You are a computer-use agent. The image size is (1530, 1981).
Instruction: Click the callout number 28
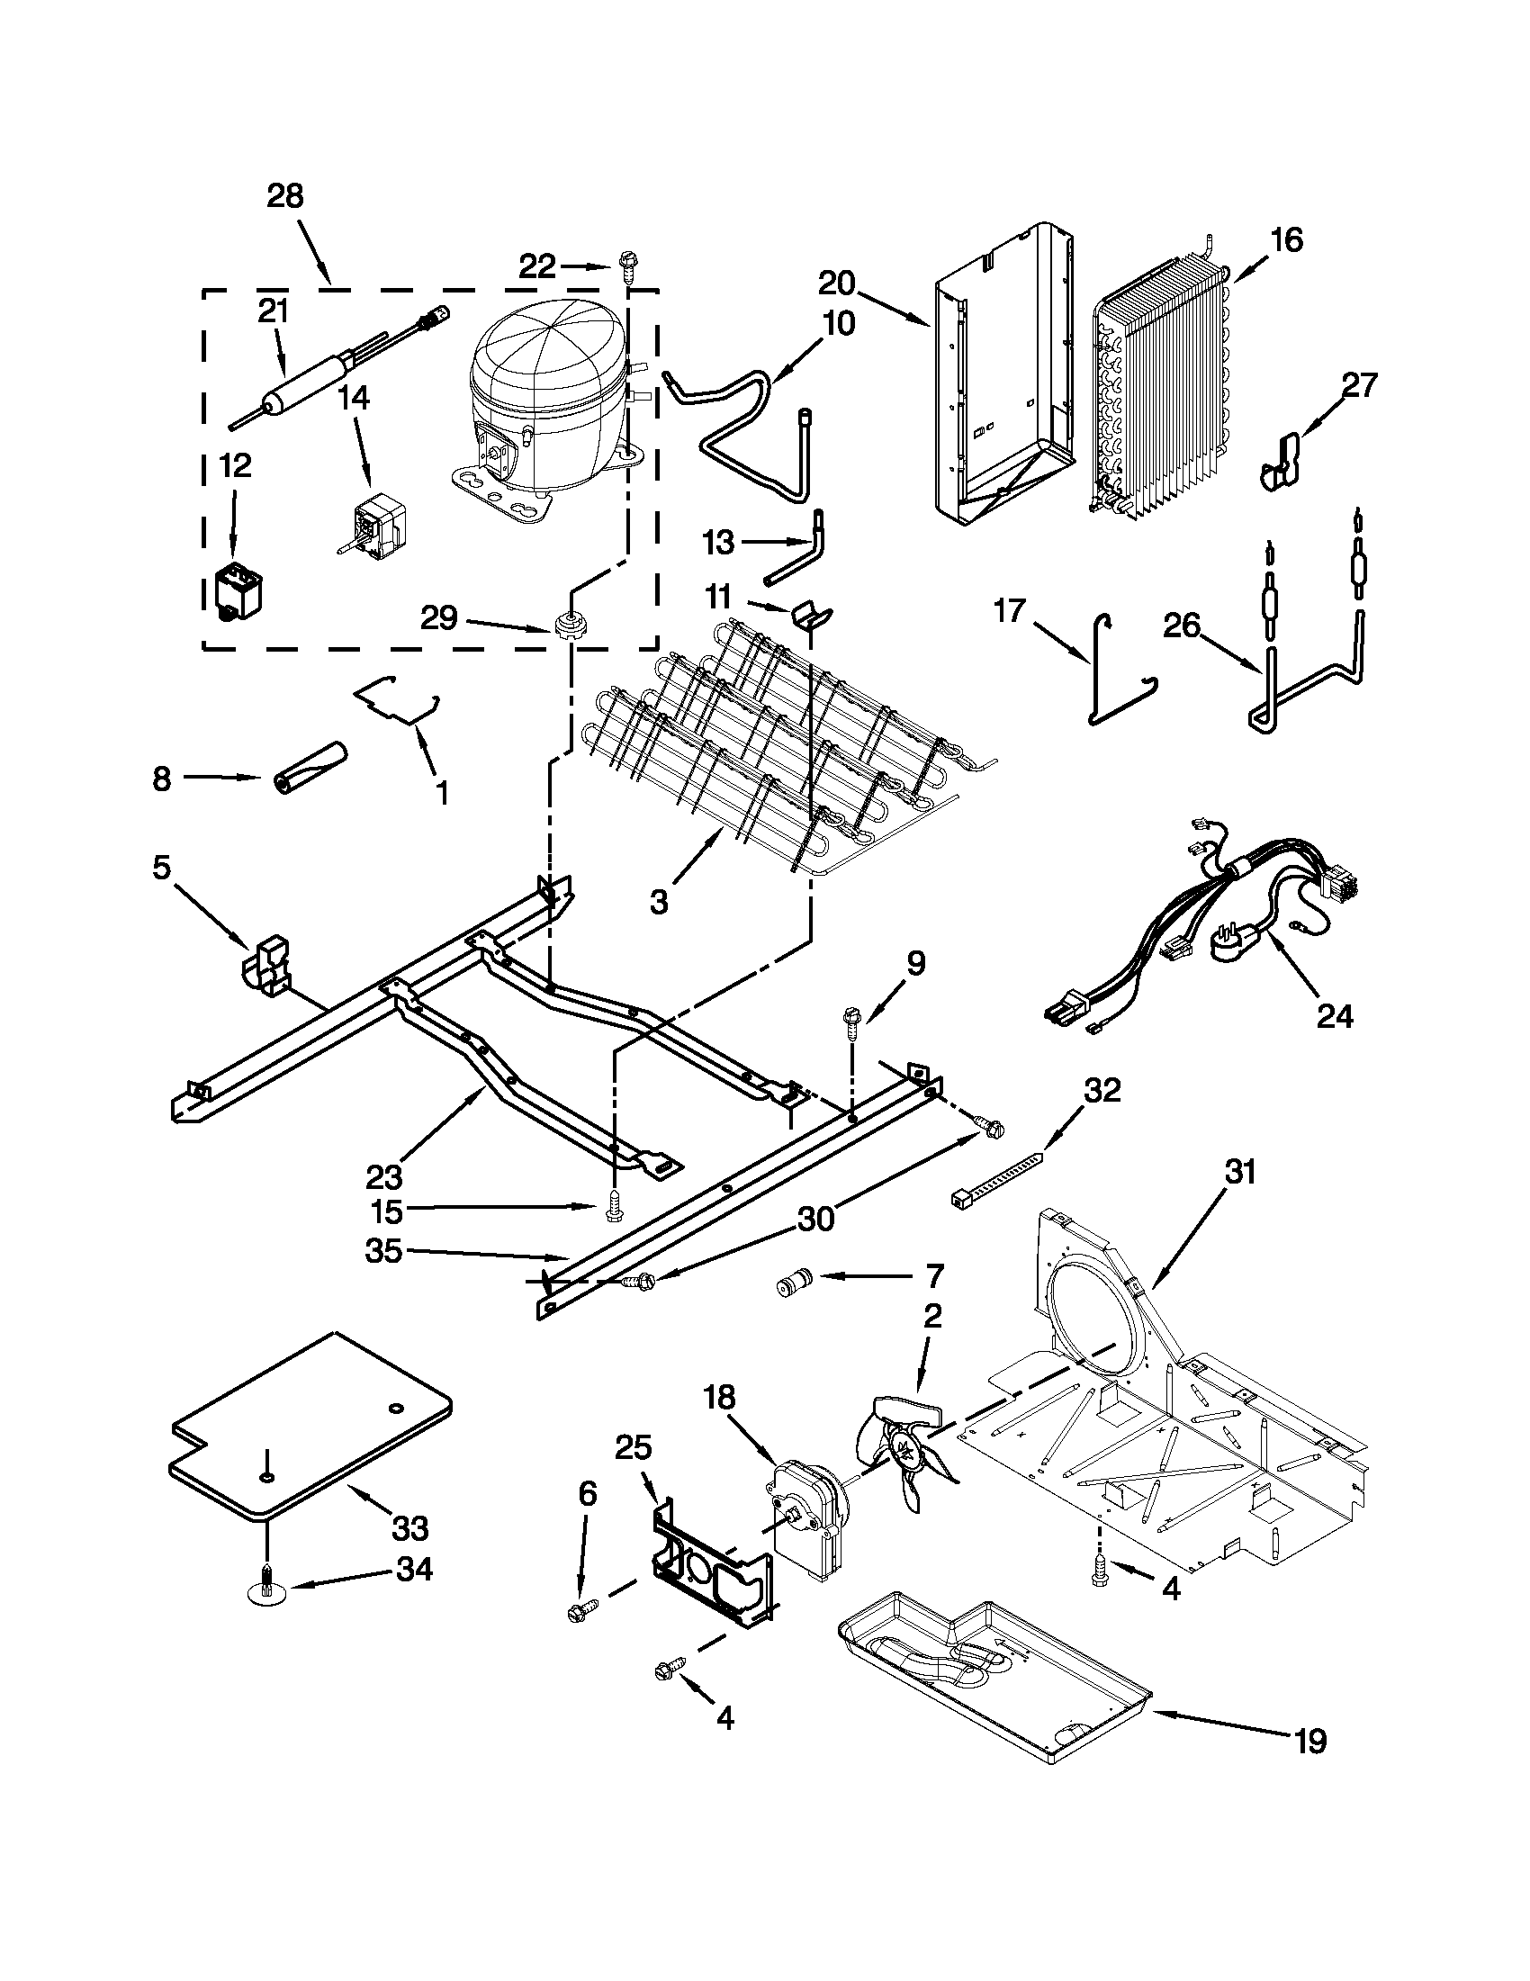pyautogui.click(x=284, y=197)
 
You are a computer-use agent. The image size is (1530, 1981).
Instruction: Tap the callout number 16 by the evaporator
pyautogui.click(x=1285, y=240)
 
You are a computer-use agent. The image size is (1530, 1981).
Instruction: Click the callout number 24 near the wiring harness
pyautogui.click(x=1334, y=1017)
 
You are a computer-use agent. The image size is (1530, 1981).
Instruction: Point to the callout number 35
pyautogui.click(x=382, y=1251)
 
